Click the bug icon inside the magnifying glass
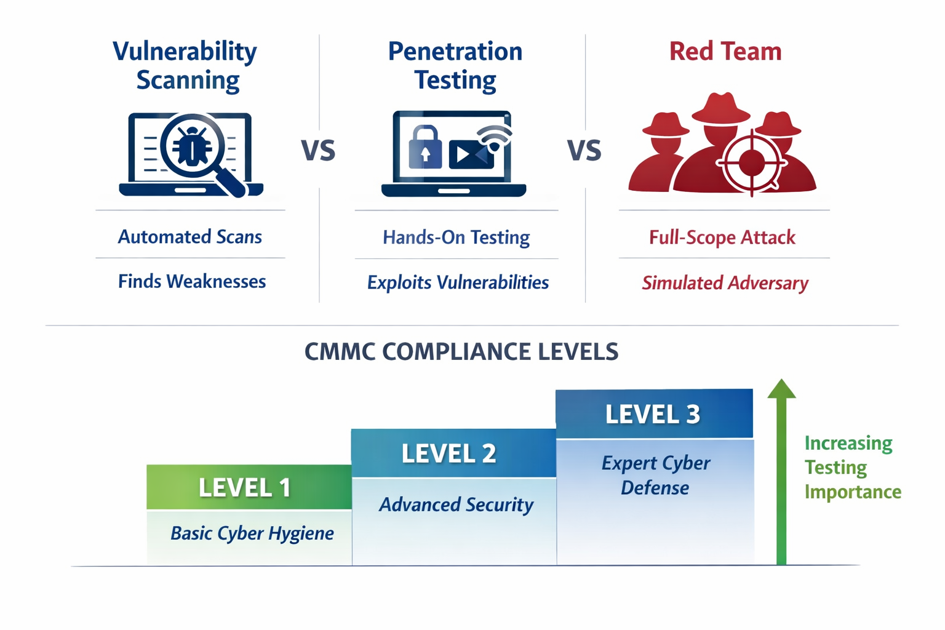[191, 146]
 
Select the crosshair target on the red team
[752, 163]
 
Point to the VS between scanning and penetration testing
[318, 151]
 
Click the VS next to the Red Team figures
[584, 151]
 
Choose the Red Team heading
[725, 52]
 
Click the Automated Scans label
[190, 237]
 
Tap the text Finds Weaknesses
[192, 282]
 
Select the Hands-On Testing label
[456, 237]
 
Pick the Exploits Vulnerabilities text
[458, 282]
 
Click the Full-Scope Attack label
[722, 237]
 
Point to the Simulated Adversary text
[725, 283]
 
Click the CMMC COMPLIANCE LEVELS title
[461, 352]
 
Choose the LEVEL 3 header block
[653, 414]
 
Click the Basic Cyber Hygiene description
[252, 533]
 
